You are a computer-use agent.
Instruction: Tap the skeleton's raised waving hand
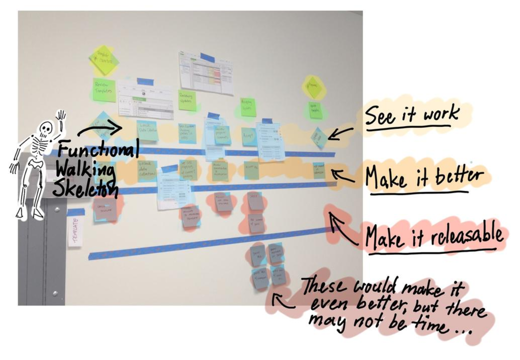[x=61, y=117]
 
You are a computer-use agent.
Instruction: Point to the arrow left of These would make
[x=283, y=300]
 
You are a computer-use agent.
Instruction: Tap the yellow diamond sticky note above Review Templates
[x=104, y=60]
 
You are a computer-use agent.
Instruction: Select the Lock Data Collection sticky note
[x=147, y=131]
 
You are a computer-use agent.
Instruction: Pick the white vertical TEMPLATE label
[x=75, y=230]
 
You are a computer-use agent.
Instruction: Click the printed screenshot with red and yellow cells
[x=206, y=73]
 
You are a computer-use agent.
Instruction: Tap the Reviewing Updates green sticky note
[x=187, y=100]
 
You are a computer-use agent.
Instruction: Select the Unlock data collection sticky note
[x=147, y=171]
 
